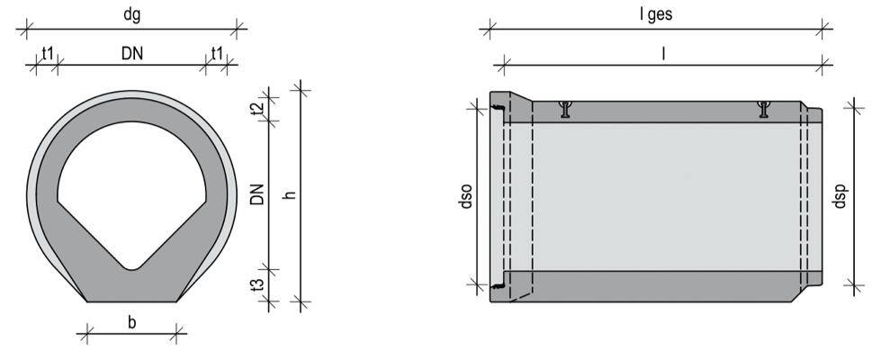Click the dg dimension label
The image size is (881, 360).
click(131, 15)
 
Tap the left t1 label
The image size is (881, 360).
click(48, 53)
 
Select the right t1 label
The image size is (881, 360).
click(217, 53)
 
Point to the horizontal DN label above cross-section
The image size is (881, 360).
click(132, 53)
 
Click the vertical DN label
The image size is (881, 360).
click(256, 193)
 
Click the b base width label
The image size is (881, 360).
click(132, 322)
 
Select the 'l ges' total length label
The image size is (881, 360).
click(656, 15)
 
